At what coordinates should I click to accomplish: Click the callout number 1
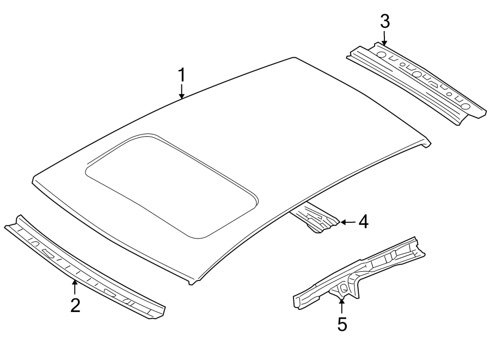pyautogui.click(x=182, y=75)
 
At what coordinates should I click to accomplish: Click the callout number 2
pyautogui.click(x=75, y=304)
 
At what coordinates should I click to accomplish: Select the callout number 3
pyautogui.click(x=384, y=22)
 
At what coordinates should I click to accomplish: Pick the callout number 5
pyautogui.click(x=342, y=324)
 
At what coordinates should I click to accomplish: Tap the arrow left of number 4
pyautogui.click(x=346, y=222)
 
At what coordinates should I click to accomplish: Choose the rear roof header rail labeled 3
pyautogui.click(x=416, y=82)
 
